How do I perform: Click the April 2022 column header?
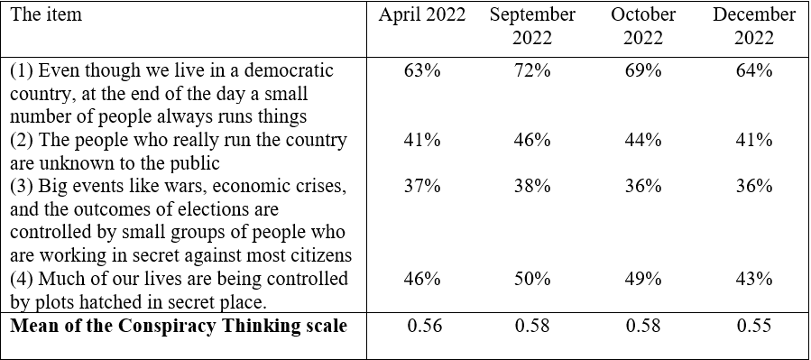pos(422,15)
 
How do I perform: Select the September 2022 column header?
pos(532,26)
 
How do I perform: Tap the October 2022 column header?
pos(643,26)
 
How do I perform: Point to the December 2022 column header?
pos(754,26)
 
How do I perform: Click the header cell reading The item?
pos(46,14)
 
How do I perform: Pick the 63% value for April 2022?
pos(422,69)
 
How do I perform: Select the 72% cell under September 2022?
pos(532,69)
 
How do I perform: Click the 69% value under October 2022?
pos(643,69)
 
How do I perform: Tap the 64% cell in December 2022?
pos(754,69)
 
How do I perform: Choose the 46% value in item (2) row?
pos(532,140)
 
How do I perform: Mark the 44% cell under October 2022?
pos(643,140)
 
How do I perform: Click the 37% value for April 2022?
pos(422,186)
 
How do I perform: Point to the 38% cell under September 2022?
pos(532,186)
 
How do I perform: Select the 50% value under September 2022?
pos(532,279)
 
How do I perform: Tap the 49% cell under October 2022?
pos(643,279)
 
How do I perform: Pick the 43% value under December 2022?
pos(754,279)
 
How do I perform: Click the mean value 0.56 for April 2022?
pos(425,326)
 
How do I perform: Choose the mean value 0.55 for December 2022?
pos(754,326)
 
